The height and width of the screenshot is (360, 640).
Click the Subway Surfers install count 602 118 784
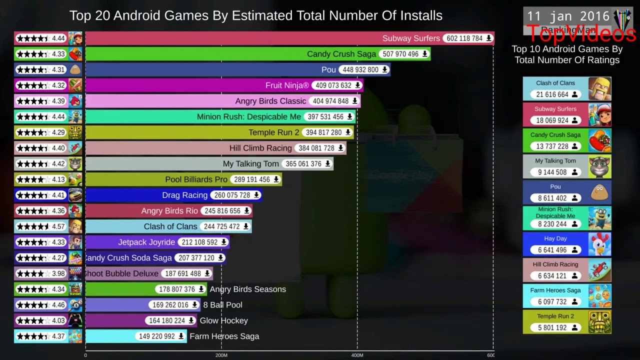pos(464,38)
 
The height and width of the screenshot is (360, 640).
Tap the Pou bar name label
pos(328,70)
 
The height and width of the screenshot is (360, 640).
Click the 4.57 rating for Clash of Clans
pos(58,226)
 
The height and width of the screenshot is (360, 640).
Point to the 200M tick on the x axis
pos(221,355)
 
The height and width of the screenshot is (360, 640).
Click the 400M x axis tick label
pos(357,355)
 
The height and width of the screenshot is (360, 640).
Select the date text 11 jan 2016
pos(568,16)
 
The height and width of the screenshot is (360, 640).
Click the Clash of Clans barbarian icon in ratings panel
pos(599,89)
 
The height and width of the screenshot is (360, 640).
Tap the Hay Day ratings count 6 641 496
pos(552,250)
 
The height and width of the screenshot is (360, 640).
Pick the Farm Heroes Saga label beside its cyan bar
pos(224,336)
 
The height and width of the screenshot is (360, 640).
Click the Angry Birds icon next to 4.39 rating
pos(75,101)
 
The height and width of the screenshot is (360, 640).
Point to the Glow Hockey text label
pos(223,321)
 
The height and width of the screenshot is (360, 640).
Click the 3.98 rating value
pos(58,273)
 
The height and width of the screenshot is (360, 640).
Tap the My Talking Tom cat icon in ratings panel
pos(599,166)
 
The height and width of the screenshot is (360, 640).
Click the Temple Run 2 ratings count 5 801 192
pos(552,328)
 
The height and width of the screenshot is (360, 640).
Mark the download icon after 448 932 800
pos(384,70)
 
